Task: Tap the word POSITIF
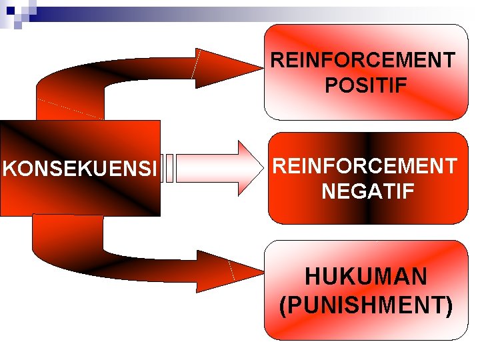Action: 366,85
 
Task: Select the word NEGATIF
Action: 367,192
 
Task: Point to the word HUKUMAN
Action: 366,277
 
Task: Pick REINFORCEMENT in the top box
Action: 363,61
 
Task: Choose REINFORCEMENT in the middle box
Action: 365,166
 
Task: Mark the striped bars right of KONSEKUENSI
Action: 169,168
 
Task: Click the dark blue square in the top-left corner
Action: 10,10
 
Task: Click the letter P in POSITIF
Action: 331,85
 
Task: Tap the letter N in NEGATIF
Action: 328,192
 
